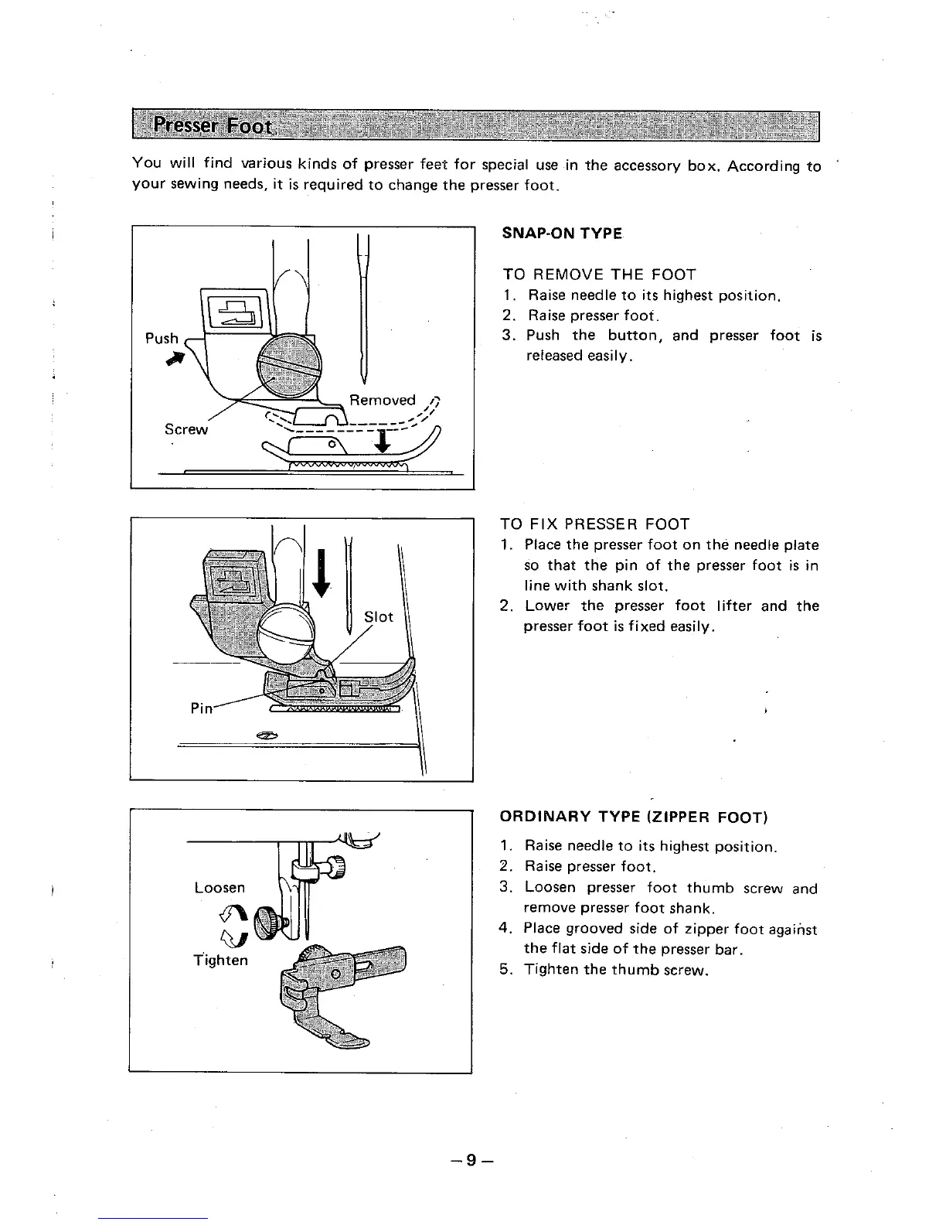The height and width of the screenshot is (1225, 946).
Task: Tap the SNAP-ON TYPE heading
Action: pos(562,234)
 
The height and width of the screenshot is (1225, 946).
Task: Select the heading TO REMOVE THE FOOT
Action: pos(599,275)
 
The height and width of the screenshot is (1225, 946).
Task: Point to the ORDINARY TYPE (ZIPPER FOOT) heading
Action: pos(633,817)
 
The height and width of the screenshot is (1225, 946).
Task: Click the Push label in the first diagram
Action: pos(162,339)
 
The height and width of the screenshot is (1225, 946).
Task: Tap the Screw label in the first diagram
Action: pos(186,429)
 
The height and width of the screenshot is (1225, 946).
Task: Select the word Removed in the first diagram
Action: pos(382,400)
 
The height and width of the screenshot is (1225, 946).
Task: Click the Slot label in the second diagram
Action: pos(379,616)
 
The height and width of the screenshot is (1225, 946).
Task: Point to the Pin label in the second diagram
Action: pos(201,708)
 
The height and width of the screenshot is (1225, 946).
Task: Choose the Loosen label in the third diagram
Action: pos(219,887)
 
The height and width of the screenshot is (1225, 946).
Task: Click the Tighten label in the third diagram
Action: pos(220,960)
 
